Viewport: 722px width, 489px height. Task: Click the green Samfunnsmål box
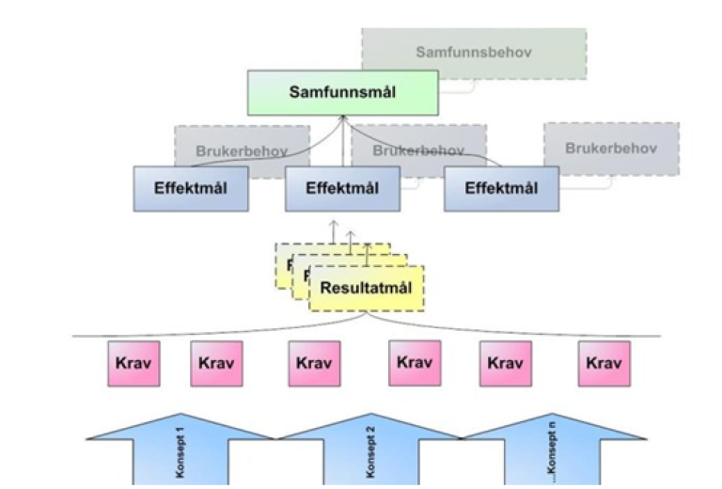[x=343, y=92]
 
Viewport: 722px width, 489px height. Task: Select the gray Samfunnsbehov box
[x=474, y=53]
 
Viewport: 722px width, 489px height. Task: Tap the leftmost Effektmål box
[x=193, y=188]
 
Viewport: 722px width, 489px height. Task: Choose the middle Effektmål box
[x=342, y=188]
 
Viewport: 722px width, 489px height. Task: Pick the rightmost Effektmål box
[x=502, y=188]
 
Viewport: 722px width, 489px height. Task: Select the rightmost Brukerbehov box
[x=610, y=149]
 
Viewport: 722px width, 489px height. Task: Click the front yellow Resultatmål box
[x=368, y=288]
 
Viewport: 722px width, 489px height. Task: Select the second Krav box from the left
[x=217, y=363]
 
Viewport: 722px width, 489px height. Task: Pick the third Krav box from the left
[x=314, y=363]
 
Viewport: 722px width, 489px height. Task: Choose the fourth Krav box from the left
[x=415, y=363]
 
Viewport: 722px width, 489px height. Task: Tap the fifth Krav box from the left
[x=506, y=363]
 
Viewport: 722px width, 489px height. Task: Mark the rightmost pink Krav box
[x=604, y=363]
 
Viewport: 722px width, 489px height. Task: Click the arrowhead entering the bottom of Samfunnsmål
[x=344, y=118]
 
